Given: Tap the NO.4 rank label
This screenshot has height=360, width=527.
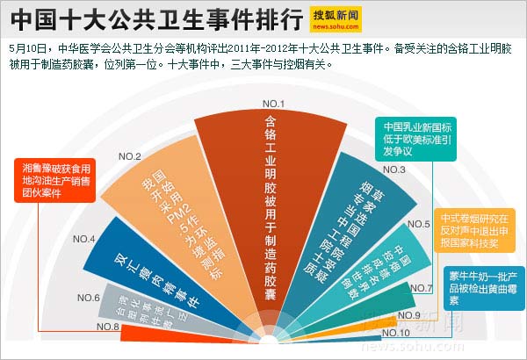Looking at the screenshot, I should tap(84, 239).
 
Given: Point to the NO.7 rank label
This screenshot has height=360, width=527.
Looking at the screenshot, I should tap(422, 288).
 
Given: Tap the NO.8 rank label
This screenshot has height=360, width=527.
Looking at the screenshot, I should tap(109, 327).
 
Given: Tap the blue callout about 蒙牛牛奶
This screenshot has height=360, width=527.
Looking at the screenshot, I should tap(479, 286).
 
